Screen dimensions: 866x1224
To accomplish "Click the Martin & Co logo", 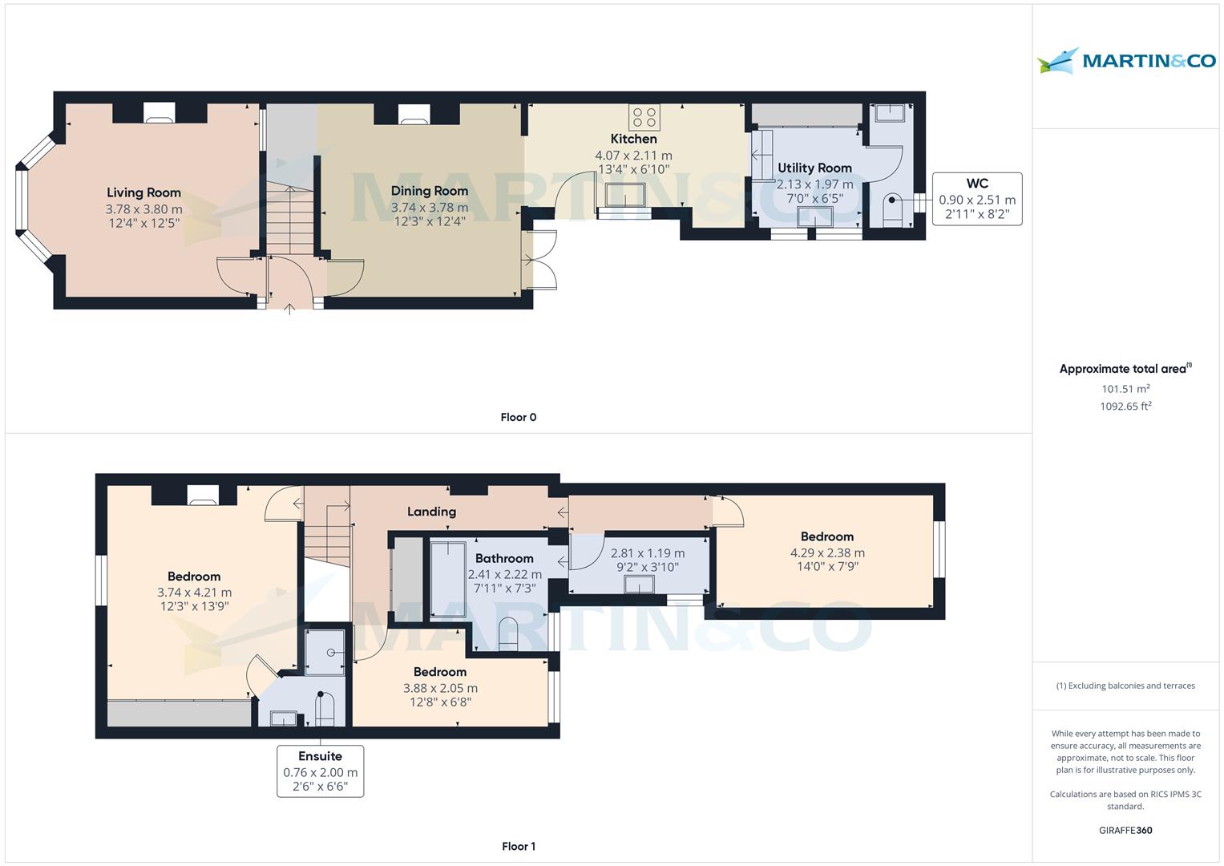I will tap(1126, 61).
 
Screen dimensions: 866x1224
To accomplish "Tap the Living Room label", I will tap(143, 192).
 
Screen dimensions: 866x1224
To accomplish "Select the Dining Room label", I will tap(429, 191).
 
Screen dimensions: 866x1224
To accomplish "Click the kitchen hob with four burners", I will tap(644, 118).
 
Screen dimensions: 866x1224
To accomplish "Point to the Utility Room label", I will tap(814, 168).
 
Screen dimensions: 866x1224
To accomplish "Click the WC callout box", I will tap(976, 199).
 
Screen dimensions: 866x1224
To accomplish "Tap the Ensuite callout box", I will tap(320, 771).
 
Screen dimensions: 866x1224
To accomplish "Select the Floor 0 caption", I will tap(518, 417).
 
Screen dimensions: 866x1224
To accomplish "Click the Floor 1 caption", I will tap(518, 846).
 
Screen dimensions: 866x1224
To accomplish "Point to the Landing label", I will tap(431, 512).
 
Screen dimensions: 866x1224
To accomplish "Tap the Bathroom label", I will tap(503, 559).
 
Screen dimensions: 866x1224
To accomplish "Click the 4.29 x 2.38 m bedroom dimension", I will tap(827, 552).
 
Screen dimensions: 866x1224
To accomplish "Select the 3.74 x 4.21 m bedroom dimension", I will tap(194, 593).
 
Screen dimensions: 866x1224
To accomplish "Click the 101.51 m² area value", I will tap(1125, 389).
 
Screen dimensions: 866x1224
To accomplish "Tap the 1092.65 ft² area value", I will tap(1125, 406).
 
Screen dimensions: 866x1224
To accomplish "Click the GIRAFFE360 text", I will tap(1125, 830).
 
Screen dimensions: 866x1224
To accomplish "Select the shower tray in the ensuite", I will tap(325, 651).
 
